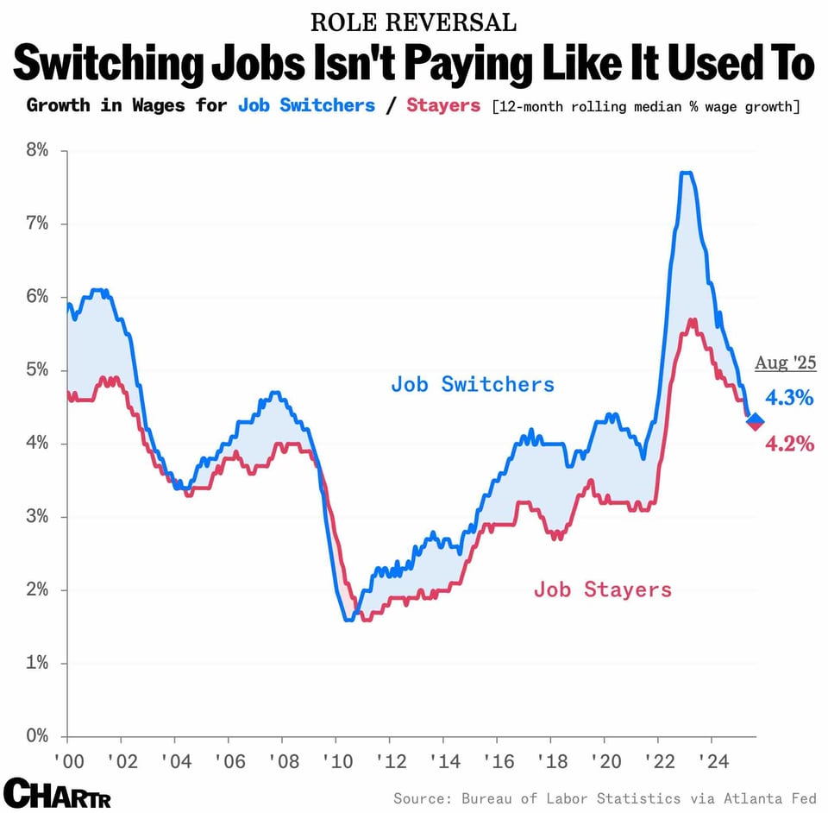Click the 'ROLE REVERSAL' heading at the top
click(413, 22)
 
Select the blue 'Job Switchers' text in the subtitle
click(306, 106)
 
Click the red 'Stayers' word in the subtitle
click(443, 106)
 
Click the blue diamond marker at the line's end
click(755, 420)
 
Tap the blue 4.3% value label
click(790, 398)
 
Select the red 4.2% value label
click(790, 444)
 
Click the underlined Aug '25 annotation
click(785, 362)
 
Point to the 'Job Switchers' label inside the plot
click(473, 384)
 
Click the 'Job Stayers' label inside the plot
click(602, 589)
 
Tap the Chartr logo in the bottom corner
click(57, 792)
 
